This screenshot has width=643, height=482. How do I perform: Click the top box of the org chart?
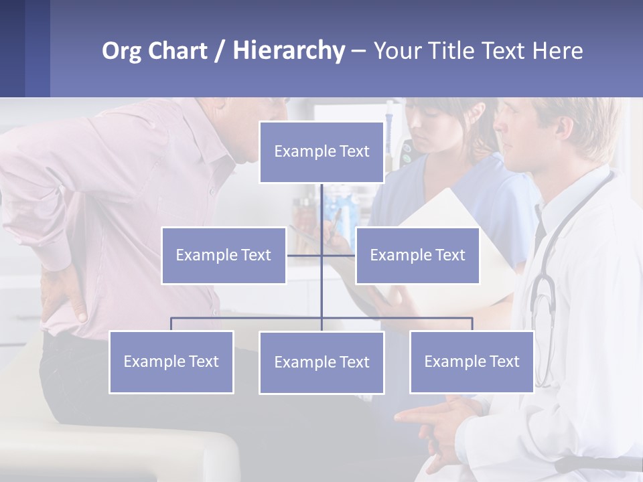pos(321,152)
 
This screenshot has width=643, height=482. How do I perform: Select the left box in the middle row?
pos(224,255)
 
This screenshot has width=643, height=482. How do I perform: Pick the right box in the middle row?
pos(417,255)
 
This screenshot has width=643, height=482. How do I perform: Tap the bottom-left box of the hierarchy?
pos(171,361)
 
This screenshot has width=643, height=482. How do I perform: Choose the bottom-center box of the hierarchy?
pos(321,362)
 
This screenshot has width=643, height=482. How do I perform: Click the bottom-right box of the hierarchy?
pos(472,361)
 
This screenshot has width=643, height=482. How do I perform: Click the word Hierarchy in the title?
pos(289,50)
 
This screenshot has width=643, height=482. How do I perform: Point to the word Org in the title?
pos(123,51)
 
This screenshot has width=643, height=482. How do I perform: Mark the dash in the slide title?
pos(358,51)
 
